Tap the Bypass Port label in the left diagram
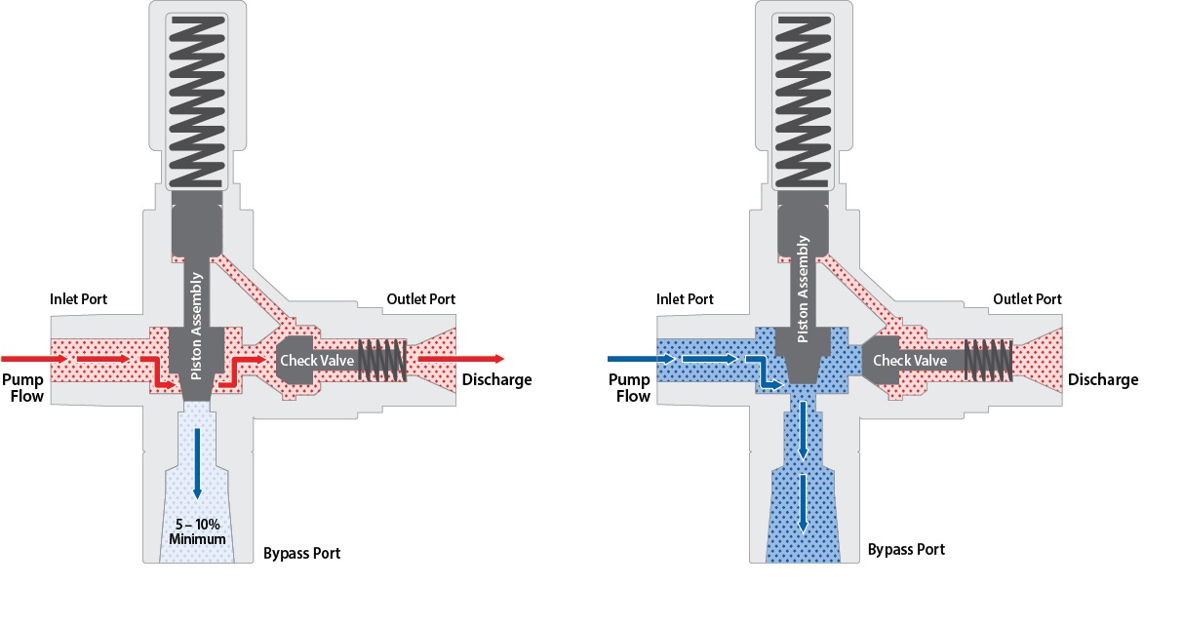(x=301, y=554)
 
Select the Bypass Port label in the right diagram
(x=906, y=549)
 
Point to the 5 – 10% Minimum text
(x=198, y=531)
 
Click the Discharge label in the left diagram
(x=496, y=379)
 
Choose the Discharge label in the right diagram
(x=1103, y=379)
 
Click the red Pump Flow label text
(x=22, y=387)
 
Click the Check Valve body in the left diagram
(x=311, y=361)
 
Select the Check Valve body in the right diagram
(x=907, y=361)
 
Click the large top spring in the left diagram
(x=198, y=98)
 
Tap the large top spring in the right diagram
(x=804, y=98)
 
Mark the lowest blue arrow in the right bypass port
(x=804, y=502)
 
